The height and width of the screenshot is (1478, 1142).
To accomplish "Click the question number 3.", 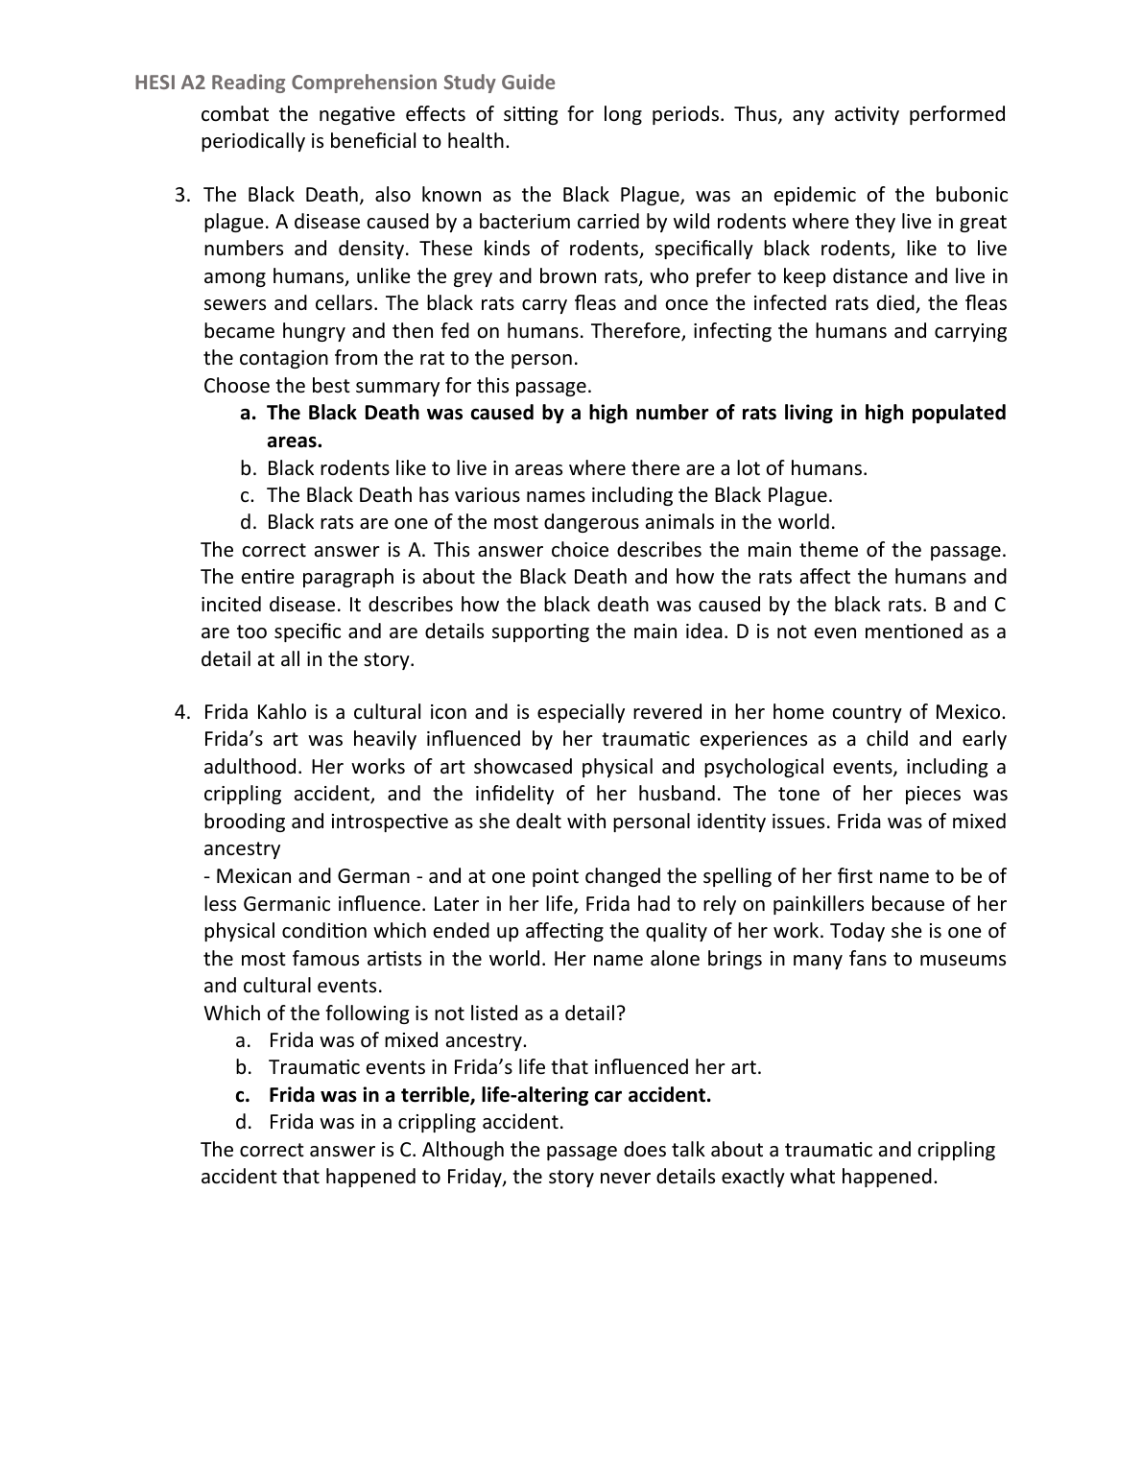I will pos(182,195).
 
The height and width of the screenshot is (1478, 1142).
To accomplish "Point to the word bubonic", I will pos(972,195).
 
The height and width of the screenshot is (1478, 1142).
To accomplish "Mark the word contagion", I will pos(284,358).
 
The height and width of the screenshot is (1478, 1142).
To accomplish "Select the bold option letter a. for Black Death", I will pos(248,413).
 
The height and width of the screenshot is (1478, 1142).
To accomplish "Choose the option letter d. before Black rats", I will pos(248,522).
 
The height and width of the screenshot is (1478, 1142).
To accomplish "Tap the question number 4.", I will pos(182,712).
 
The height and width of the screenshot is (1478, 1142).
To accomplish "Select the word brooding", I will pos(244,822).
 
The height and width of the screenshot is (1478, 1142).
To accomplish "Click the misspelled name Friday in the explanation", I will pos(475,1177).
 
